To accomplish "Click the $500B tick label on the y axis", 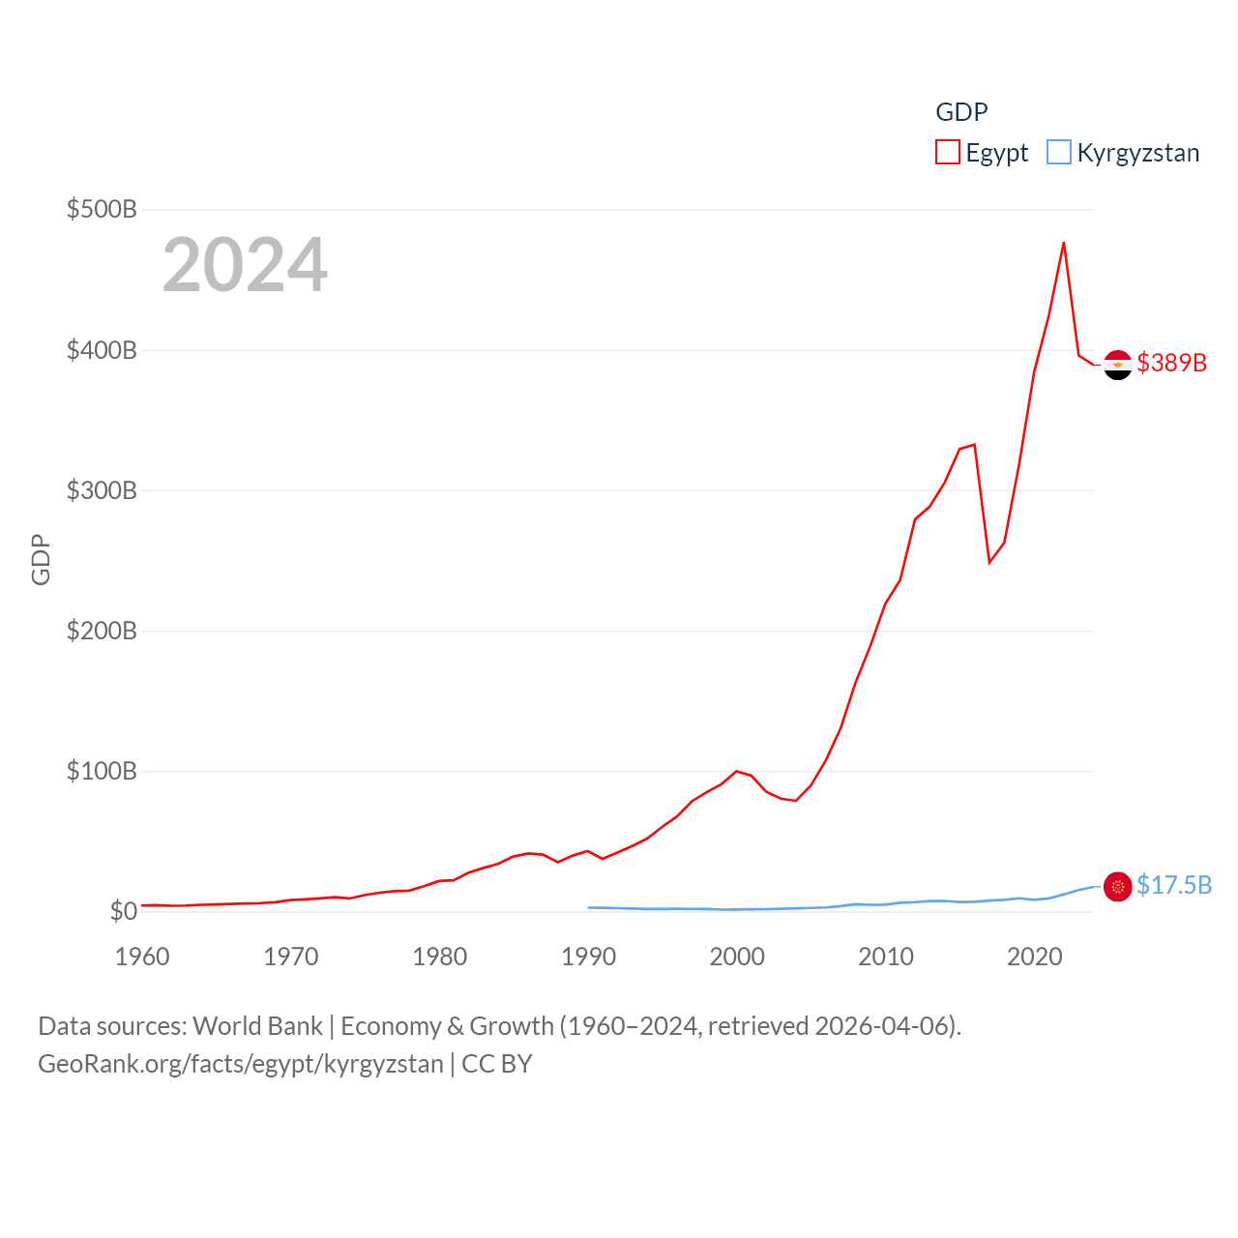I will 101,209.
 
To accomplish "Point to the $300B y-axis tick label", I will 101,490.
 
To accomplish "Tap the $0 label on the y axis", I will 123,911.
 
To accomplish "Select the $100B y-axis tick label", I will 101,771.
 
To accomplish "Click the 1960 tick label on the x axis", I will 142,957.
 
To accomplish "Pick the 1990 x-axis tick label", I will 588,957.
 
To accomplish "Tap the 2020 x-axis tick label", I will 1034,957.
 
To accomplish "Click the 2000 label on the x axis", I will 737,957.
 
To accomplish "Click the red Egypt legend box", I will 948,153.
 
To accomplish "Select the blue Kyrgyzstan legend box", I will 1059,153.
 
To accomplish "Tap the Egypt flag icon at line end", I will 1117,365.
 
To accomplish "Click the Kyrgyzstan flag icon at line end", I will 1117,886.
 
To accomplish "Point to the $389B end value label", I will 1172,363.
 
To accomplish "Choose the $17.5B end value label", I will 1174,885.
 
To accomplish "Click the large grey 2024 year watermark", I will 245,265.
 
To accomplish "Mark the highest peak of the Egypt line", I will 1064,243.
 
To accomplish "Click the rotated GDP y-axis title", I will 41,559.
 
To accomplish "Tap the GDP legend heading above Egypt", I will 961,112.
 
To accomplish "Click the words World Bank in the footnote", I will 257,1025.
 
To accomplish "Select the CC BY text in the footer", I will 497,1064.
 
